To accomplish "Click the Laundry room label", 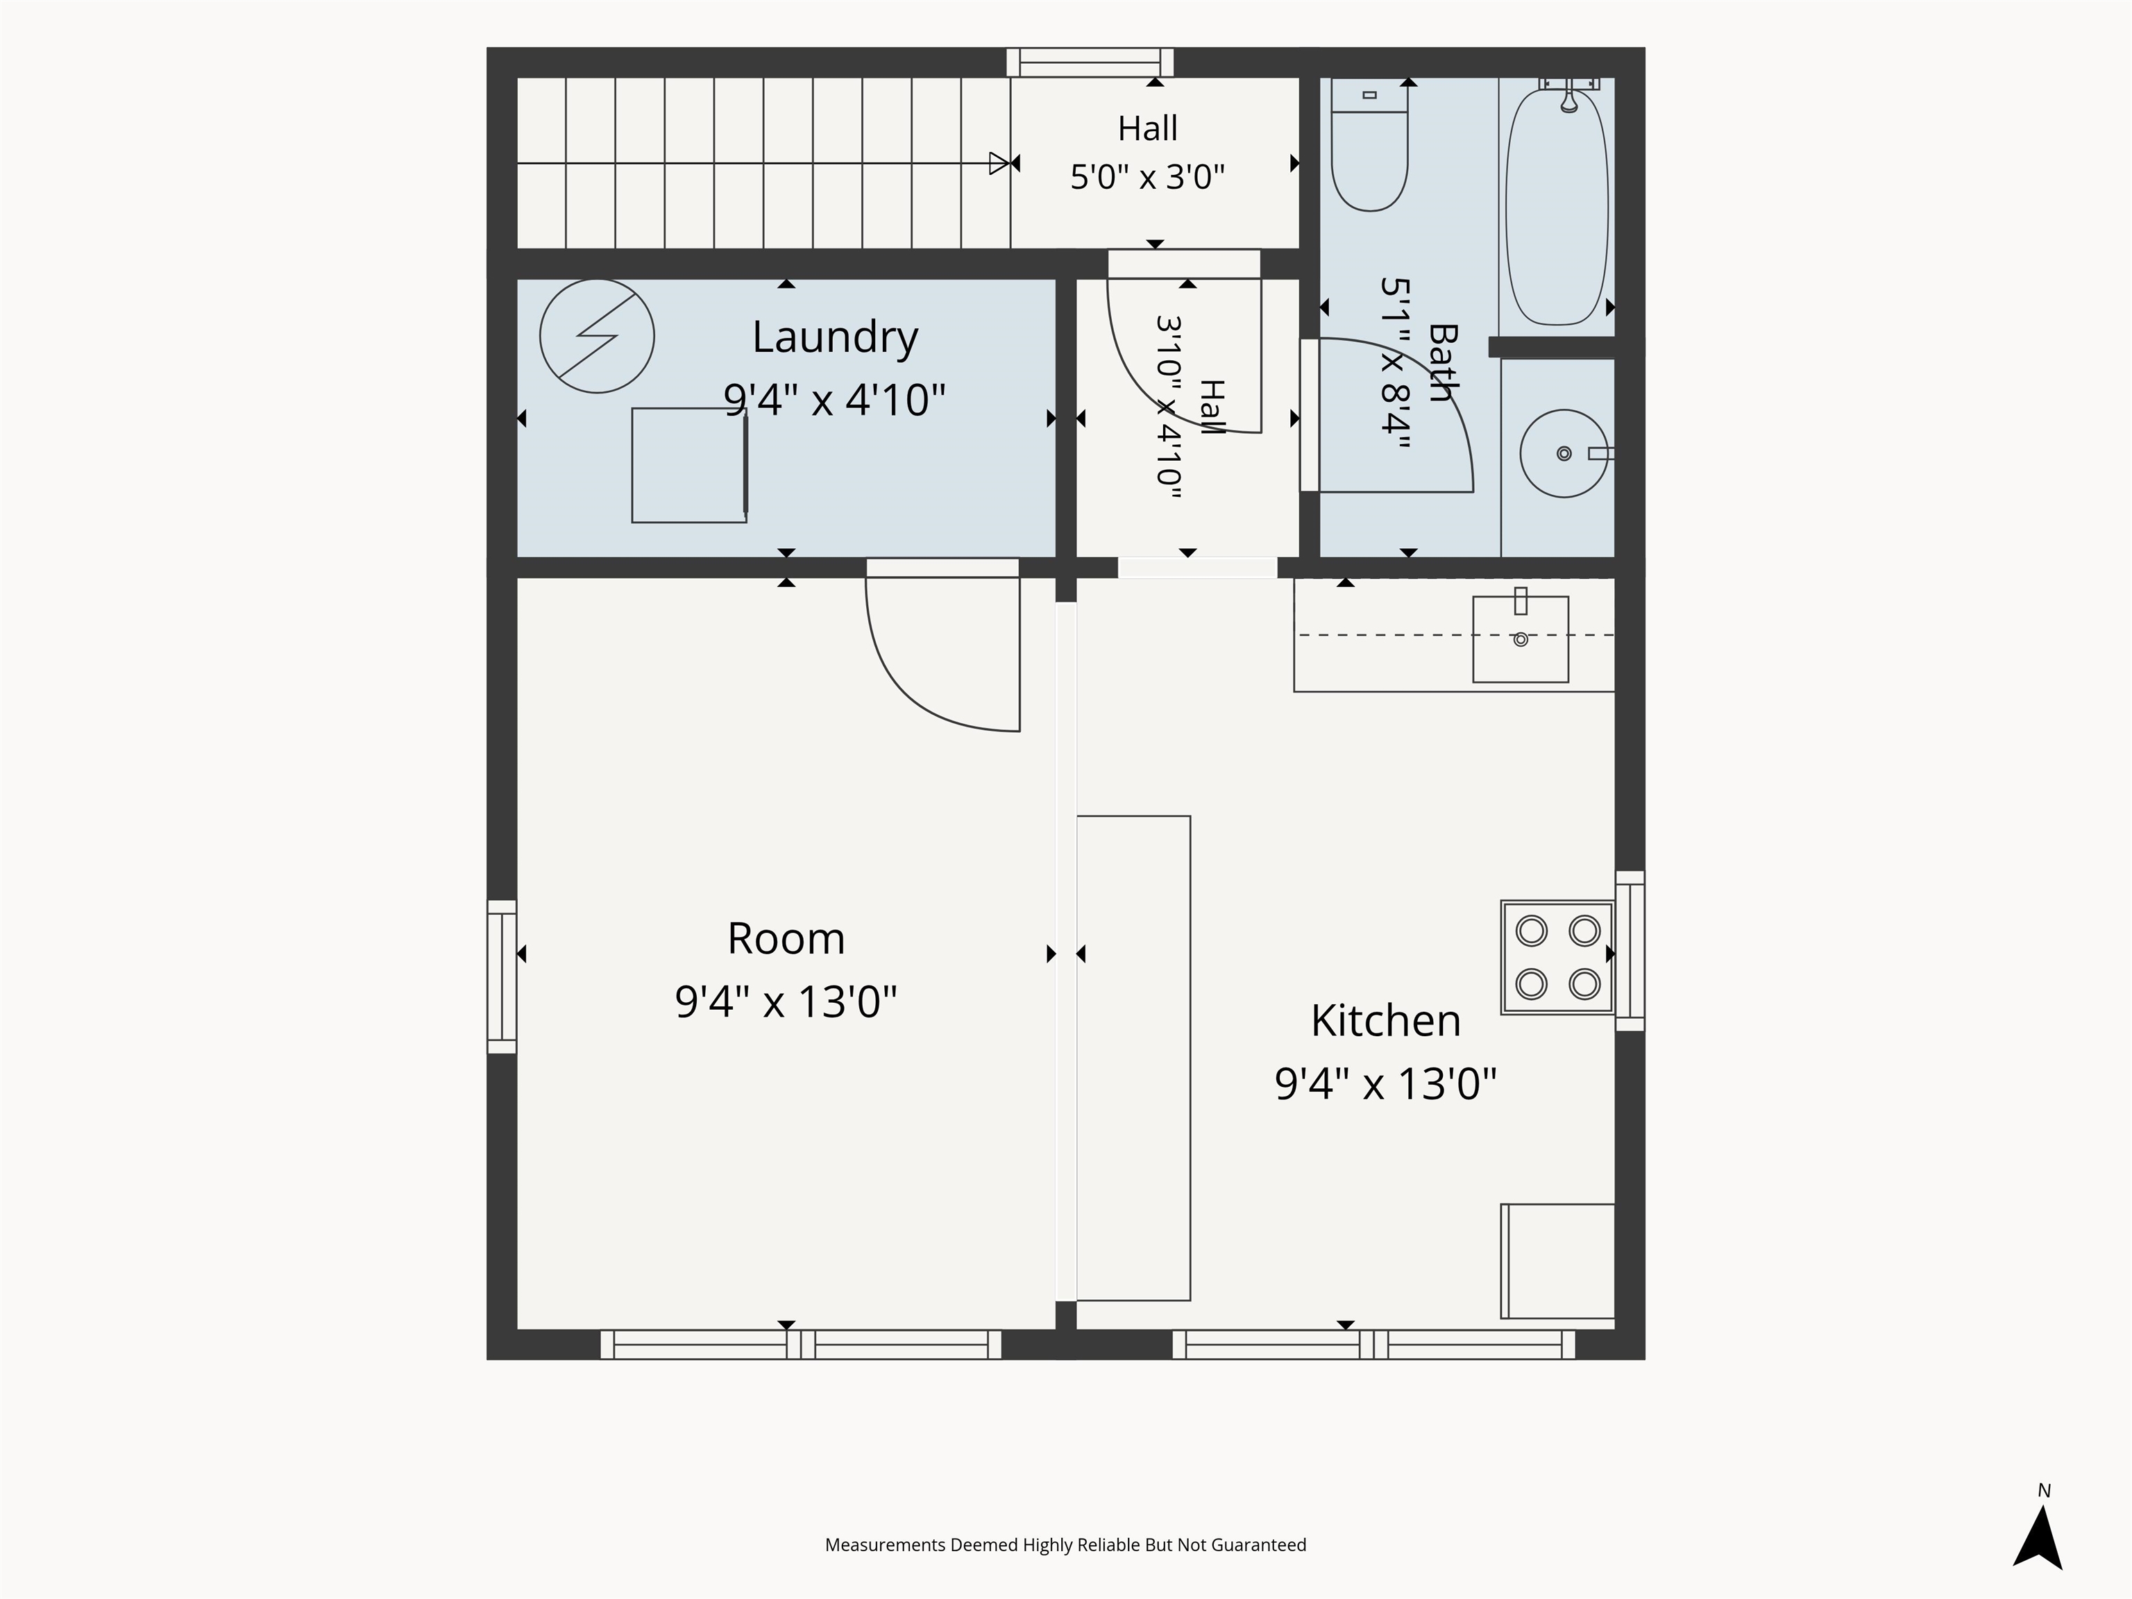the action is (835, 337).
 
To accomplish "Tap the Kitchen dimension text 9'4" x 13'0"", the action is (1385, 1083).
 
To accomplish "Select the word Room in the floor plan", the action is (786, 939).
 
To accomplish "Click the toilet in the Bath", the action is (1369, 144).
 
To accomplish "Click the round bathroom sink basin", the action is (1564, 453).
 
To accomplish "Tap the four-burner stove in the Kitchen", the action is (1557, 957).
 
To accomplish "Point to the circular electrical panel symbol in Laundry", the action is (597, 337).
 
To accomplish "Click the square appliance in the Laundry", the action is (689, 466).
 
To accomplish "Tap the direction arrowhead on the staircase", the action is (999, 163).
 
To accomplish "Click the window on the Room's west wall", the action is (502, 976).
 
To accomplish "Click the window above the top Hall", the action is (1090, 62).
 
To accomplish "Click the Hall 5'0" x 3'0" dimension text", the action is (1147, 178).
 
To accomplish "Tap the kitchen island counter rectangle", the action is (1133, 1058).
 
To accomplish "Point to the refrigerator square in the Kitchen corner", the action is (1557, 1261).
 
